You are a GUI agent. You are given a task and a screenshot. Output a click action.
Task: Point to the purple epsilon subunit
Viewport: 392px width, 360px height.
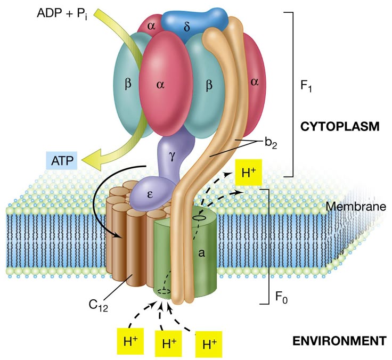pos(151,193)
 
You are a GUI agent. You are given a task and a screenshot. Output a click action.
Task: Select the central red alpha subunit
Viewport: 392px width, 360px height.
pos(161,85)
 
